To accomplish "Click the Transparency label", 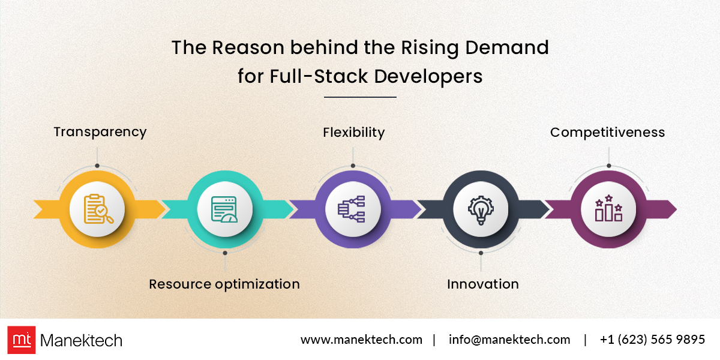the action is [x=100, y=132].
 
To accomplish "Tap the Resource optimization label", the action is [x=224, y=284].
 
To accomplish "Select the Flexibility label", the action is [x=353, y=133].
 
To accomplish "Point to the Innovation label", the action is [x=483, y=284].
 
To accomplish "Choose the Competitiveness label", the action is [x=607, y=133].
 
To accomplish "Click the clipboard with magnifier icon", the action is [x=98, y=209].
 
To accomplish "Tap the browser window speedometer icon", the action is [x=224, y=209].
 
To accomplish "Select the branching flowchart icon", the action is [x=352, y=209].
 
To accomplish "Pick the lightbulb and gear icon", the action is [x=481, y=210].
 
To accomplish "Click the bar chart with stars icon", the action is [x=608, y=208].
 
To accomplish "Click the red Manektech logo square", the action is [x=22, y=340].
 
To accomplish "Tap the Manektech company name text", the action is [x=82, y=340].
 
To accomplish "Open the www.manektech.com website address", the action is [x=361, y=340].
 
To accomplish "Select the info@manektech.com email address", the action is [x=509, y=340].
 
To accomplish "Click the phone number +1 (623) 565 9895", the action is [x=653, y=340].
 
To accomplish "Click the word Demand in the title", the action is [x=507, y=47].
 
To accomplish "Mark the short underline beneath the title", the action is [x=360, y=97].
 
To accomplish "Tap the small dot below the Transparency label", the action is [x=97, y=166].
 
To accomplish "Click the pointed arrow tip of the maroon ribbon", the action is [x=676, y=209].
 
